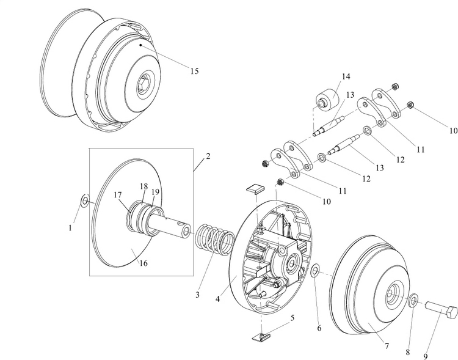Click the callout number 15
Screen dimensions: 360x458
(194, 72)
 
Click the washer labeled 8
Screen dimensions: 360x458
(413, 300)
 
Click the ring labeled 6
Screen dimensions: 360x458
(314, 271)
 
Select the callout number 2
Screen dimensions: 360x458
(208, 156)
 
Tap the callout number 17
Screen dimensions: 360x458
(118, 196)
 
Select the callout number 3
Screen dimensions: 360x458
(198, 295)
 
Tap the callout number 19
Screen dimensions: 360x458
(155, 192)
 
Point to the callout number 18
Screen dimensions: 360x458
(144, 186)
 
